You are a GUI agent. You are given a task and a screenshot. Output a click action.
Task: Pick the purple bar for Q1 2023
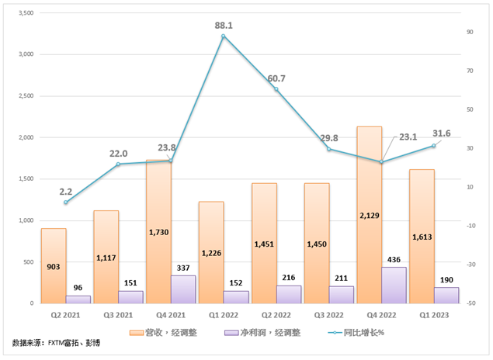(446, 296)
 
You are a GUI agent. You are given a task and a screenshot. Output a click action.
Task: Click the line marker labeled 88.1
(224, 36)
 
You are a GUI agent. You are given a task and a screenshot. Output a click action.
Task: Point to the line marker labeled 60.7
(276, 89)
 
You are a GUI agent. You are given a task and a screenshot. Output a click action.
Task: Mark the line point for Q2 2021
(66, 202)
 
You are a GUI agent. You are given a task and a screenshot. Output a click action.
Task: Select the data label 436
(394, 258)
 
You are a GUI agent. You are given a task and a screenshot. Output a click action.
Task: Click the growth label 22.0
(118, 153)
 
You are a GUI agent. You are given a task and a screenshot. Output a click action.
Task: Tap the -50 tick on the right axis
(470, 303)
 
